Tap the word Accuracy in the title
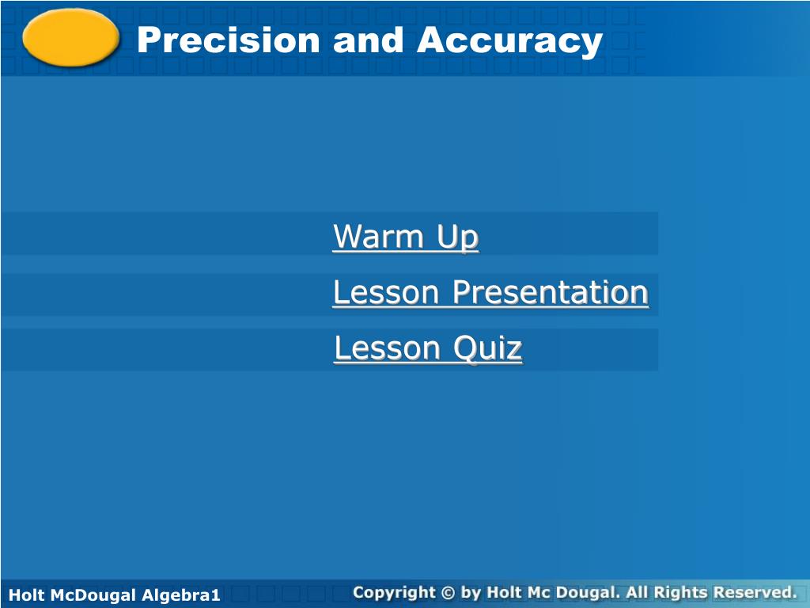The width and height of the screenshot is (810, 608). coord(509,41)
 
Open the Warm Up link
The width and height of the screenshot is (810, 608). coord(405,237)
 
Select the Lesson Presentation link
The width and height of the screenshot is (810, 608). coord(490,293)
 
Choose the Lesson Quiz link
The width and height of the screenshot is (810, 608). coord(428,348)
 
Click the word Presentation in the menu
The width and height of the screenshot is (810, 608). coord(551,293)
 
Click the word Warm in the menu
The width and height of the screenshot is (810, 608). coord(377,237)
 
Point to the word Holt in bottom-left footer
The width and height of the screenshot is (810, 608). coord(24,595)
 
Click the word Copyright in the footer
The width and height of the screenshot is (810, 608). coord(394,592)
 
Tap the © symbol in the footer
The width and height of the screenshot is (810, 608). coord(449,592)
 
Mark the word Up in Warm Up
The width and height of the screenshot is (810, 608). coord(458,237)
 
